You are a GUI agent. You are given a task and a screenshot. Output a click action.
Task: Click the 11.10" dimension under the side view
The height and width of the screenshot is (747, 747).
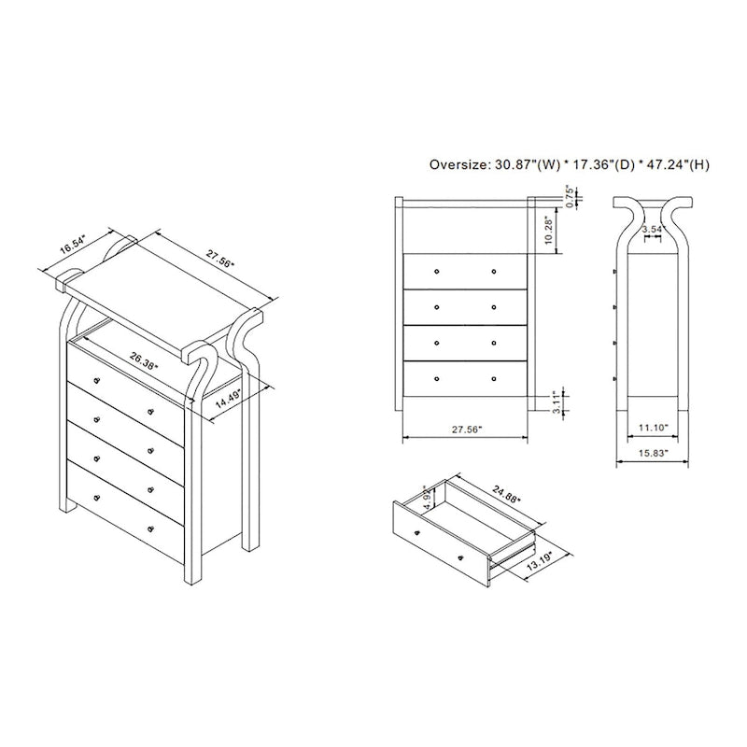653,428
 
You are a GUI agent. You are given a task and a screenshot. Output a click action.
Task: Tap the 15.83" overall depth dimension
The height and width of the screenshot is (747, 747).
653,455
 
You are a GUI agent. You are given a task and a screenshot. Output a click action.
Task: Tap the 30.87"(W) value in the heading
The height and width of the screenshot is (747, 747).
531,165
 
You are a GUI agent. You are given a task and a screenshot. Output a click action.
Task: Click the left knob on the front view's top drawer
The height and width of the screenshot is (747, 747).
436,271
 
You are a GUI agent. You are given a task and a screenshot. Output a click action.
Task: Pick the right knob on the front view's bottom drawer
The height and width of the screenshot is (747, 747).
494,379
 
